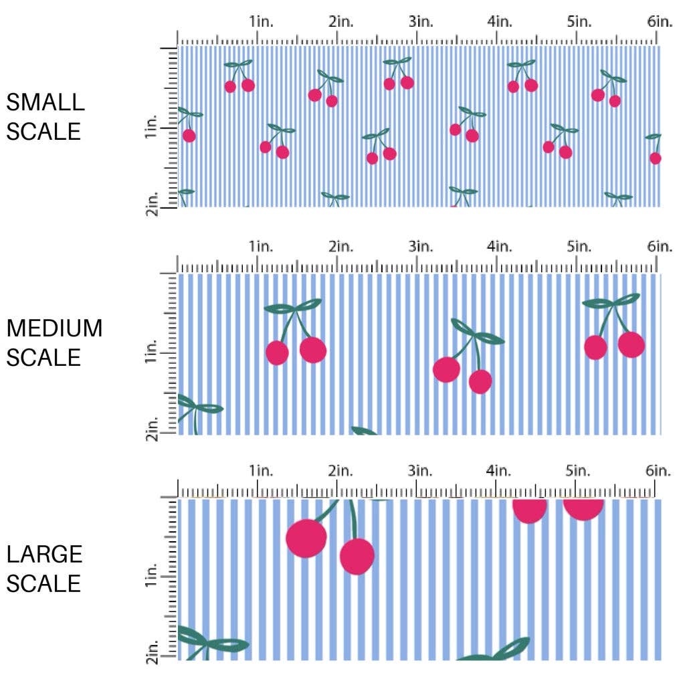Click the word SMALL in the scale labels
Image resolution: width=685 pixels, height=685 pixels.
click(x=45, y=102)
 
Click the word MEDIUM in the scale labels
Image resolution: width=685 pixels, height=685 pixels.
click(x=54, y=328)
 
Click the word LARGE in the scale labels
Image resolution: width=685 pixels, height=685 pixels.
click(x=45, y=554)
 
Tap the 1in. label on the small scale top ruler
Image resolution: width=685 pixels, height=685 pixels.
click(x=261, y=21)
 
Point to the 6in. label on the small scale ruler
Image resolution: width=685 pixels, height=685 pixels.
click(x=660, y=21)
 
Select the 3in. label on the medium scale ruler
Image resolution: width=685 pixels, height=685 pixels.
click(x=421, y=247)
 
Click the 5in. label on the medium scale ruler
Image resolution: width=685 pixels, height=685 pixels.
click(x=579, y=247)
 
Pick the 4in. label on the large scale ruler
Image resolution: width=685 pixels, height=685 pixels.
click(x=500, y=471)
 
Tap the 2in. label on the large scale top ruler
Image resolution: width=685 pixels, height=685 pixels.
click(x=340, y=471)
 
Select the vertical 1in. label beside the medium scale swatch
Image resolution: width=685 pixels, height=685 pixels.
click(x=151, y=352)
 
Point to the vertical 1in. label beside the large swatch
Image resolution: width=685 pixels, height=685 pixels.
click(x=151, y=577)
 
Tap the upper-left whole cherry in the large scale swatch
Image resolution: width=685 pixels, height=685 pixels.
click(x=306, y=537)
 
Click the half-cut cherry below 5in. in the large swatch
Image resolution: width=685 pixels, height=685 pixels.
click(x=583, y=508)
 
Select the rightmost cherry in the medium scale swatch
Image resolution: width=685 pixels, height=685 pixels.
click(x=631, y=344)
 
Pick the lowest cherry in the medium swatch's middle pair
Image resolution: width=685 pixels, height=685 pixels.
click(x=480, y=381)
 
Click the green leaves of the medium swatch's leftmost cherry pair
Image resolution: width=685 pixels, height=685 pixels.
click(x=293, y=307)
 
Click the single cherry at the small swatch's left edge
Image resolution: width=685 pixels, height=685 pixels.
click(x=189, y=136)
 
